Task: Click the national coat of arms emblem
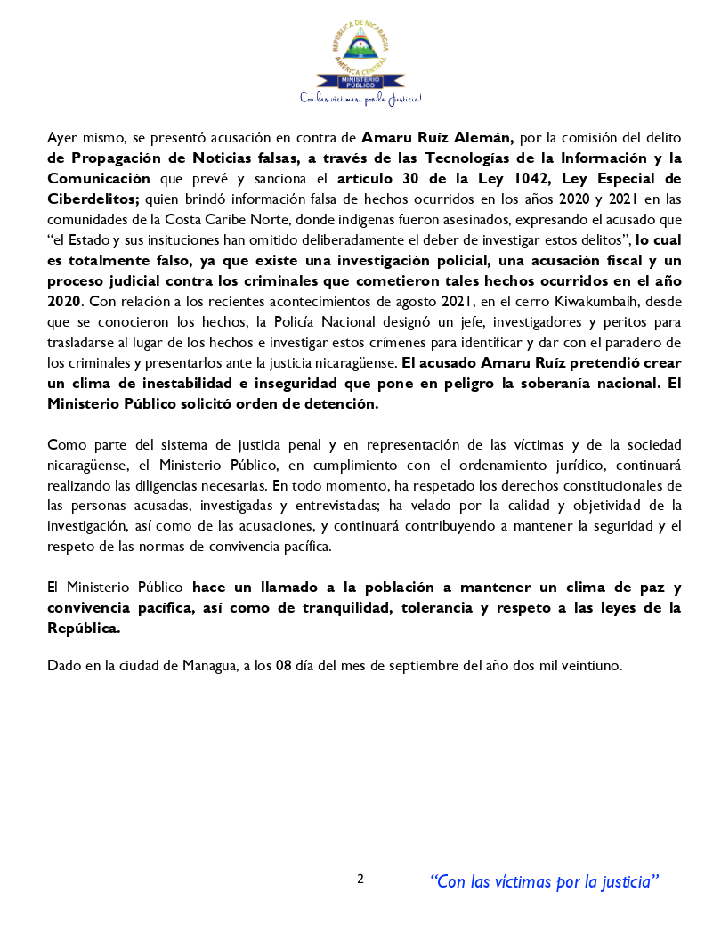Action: (360, 45)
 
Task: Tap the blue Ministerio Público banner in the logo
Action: (360, 82)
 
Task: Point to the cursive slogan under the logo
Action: (360, 98)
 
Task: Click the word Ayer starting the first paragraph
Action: (62, 138)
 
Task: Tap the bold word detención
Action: (343, 402)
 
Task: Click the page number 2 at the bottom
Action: (360, 879)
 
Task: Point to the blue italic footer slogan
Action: (544, 881)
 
